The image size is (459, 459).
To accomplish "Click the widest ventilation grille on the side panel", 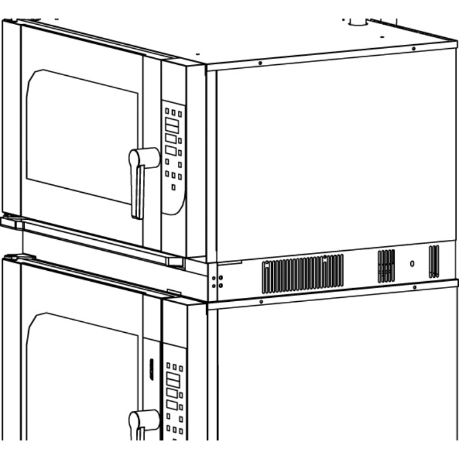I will (x=302, y=273).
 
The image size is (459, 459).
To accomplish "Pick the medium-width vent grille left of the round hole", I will (x=386, y=266).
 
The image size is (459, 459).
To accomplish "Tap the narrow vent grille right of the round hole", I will (x=434, y=261).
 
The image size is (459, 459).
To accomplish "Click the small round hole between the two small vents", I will (x=412, y=264).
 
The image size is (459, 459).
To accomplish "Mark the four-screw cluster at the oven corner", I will (x=217, y=281).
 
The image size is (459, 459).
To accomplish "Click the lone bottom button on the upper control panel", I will (x=173, y=187).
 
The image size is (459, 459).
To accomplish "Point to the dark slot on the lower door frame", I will (x=151, y=368).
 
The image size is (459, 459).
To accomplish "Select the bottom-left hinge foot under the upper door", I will (x=11, y=220).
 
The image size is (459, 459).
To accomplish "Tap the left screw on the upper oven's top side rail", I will (x=260, y=63).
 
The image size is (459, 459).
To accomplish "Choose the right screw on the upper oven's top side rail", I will (x=414, y=49).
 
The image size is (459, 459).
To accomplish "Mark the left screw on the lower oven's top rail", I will (x=261, y=301).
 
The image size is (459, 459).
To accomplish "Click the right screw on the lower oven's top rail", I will (x=414, y=287).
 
